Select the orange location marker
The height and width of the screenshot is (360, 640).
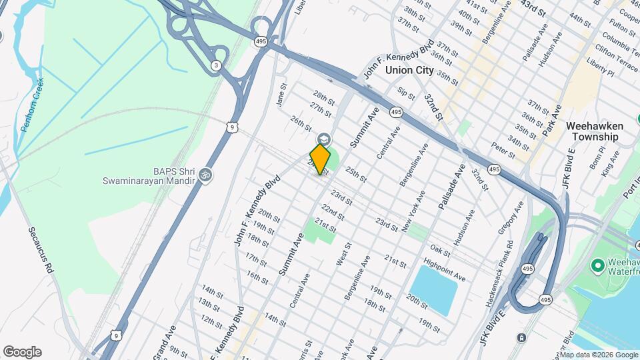321,159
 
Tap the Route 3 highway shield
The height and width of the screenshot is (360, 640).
215,65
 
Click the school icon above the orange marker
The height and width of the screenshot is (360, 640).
324,139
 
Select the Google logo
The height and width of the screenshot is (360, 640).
22,352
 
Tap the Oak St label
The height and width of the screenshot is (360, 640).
441,250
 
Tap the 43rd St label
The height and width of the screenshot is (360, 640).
533,9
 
